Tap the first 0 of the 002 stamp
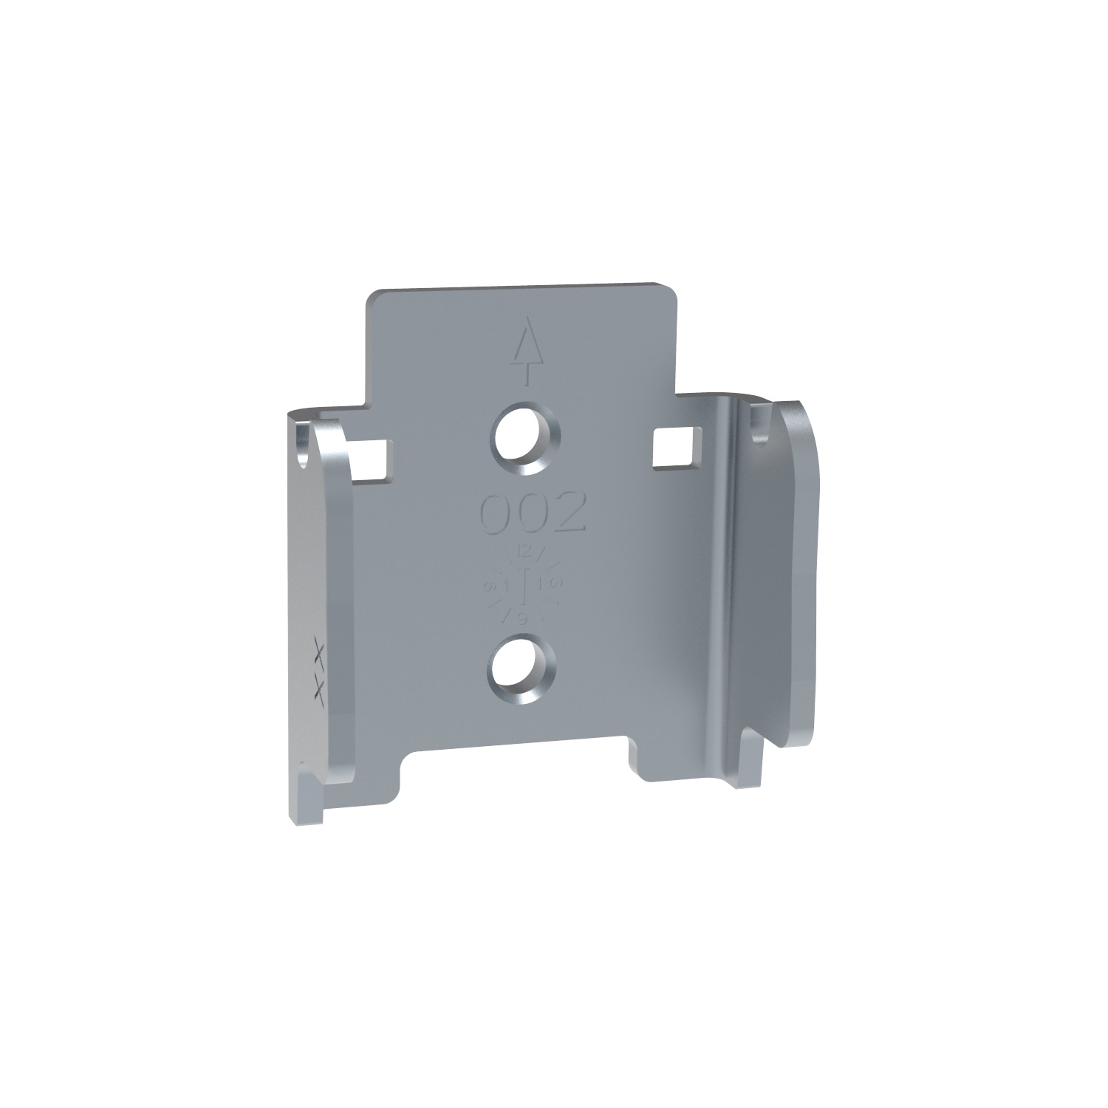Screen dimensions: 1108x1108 click(x=496, y=513)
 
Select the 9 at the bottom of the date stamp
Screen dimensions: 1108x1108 click(x=523, y=620)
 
